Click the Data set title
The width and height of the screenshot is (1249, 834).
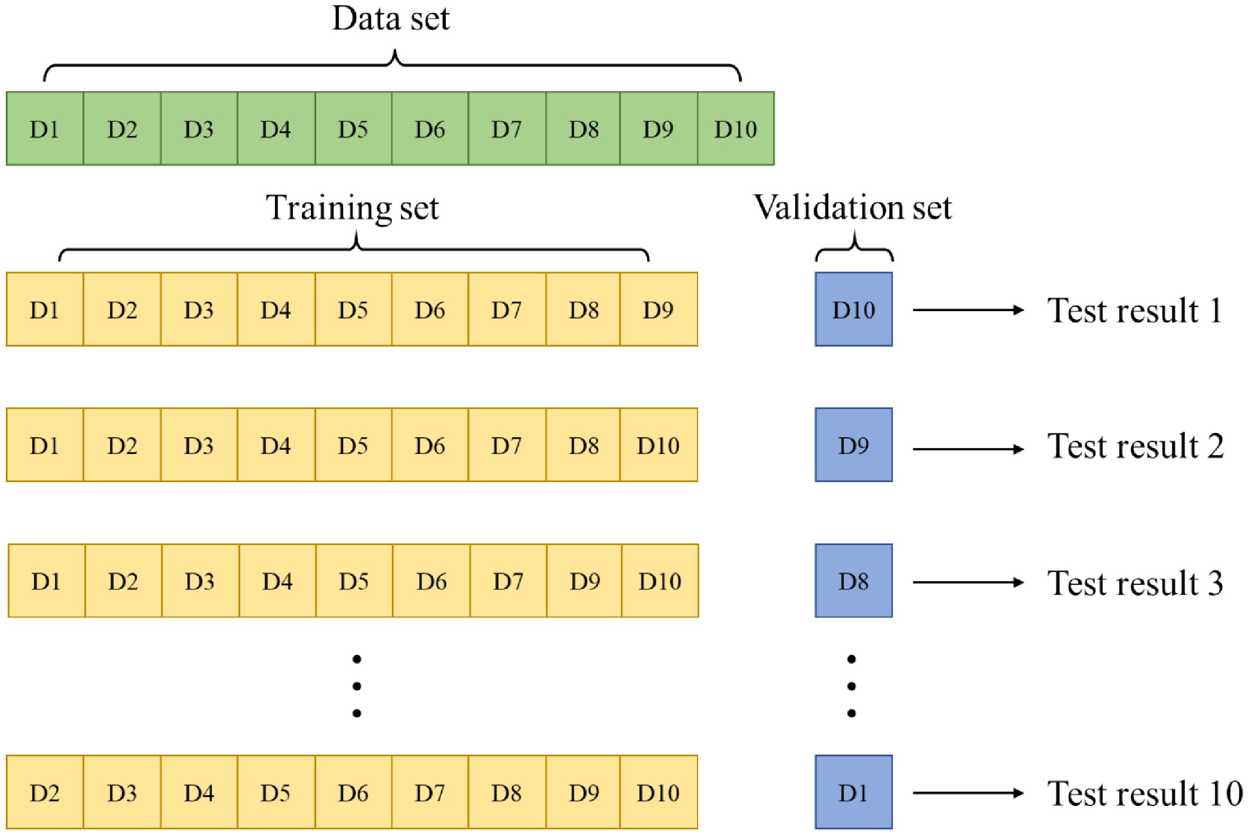click(391, 19)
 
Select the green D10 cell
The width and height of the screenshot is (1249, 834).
click(736, 129)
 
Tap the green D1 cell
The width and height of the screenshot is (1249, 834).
click(44, 129)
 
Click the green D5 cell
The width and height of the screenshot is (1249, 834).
click(353, 129)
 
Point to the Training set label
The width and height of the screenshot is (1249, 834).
click(352, 207)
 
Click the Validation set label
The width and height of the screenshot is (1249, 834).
click(852, 207)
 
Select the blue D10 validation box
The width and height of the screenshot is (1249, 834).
click(853, 310)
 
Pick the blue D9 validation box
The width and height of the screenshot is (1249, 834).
click(853, 445)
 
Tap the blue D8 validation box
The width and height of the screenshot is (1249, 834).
click(853, 581)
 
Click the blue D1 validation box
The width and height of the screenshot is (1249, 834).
click(853, 793)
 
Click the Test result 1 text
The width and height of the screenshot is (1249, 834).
click(1135, 311)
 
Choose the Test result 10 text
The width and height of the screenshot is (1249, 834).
click(1144, 794)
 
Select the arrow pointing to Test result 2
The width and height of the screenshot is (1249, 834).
click(968, 449)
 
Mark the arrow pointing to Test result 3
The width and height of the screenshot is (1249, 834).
click(968, 583)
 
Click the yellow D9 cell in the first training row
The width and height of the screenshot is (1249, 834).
click(658, 310)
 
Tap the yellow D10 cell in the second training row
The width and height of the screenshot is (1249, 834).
click(658, 445)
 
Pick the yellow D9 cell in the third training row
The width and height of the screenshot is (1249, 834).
click(585, 581)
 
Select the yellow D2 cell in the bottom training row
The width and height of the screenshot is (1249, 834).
click(44, 793)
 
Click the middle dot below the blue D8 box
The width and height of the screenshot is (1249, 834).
click(851, 686)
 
